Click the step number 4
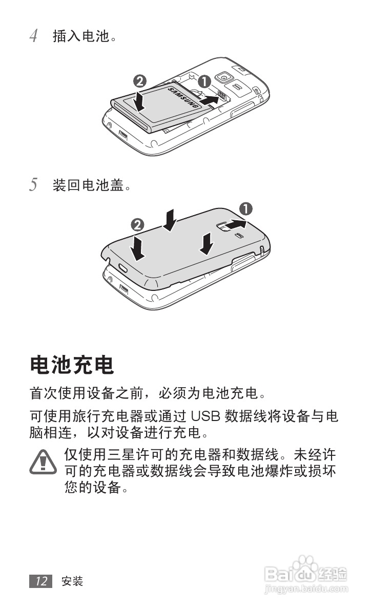(x=33, y=36)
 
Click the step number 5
(x=33, y=185)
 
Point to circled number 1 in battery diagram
(x=204, y=80)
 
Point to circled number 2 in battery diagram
(x=139, y=80)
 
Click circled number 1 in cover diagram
(x=246, y=208)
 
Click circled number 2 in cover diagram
(x=137, y=224)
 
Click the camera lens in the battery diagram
(x=224, y=77)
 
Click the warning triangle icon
(x=43, y=461)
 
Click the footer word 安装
(x=72, y=581)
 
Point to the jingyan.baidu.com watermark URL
(x=306, y=590)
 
